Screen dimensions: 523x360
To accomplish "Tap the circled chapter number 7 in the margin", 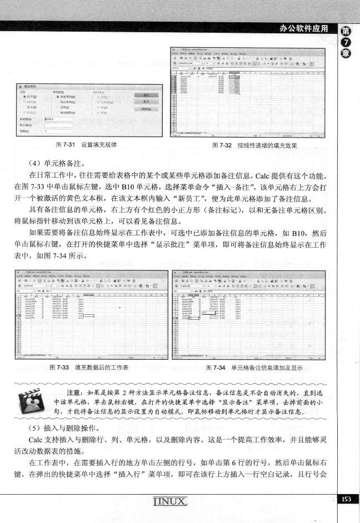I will coord(347,44).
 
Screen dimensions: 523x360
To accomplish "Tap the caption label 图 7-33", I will coord(61,367).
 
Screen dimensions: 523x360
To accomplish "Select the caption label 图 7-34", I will coord(218,367).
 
